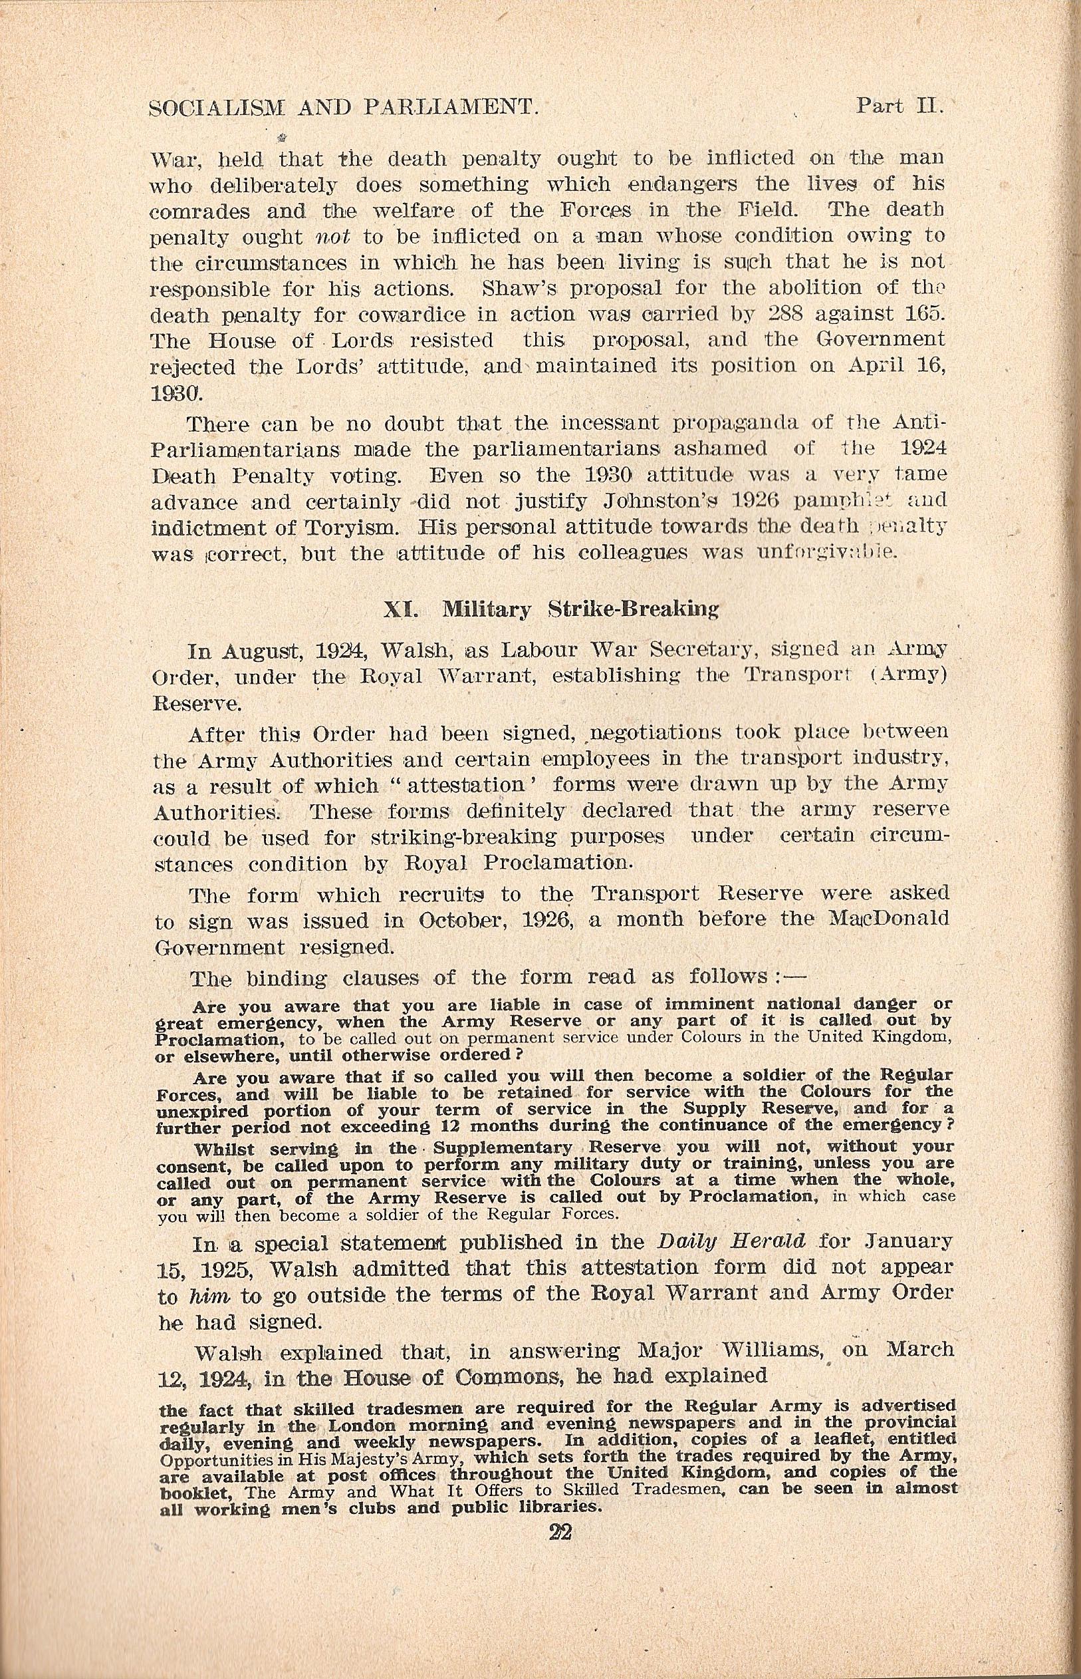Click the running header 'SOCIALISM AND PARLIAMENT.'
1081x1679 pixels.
point(344,108)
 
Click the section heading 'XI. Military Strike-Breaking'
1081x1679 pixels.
point(552,609)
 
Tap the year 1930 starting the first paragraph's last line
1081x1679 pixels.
point(177,393)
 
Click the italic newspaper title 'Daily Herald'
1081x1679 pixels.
point(731,1241)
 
